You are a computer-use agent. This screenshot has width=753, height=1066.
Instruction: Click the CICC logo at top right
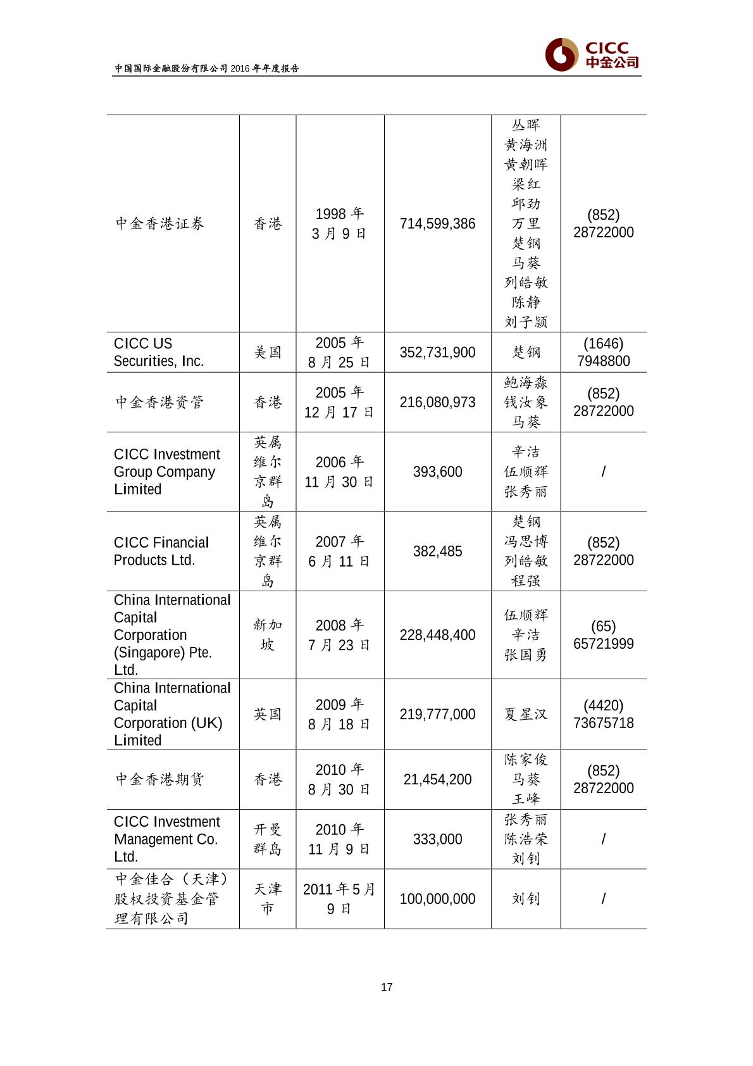pos(592,55)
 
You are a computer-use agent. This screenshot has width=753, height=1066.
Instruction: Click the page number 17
pos(387,987)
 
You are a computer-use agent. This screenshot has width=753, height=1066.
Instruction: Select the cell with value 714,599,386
pos(437,224)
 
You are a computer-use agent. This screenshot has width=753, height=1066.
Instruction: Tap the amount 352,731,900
pos(437,353)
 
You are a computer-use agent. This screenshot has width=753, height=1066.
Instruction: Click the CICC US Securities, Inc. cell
pos(159,353)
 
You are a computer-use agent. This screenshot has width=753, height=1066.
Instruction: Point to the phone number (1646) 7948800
pos(603,353)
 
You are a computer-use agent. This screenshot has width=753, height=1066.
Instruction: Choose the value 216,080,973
pos(437,403)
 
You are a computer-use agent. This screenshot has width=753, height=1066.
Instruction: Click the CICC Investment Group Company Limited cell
pos(166,472)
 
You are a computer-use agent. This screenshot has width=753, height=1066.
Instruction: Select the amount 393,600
pos(437,472)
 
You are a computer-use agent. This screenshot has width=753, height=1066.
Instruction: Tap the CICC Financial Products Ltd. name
pos(161,551)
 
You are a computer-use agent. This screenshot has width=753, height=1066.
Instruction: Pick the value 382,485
pos(437,551)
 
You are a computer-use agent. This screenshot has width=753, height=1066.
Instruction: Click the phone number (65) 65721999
pos(603,635)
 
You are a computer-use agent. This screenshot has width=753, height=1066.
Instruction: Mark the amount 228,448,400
pos(437,635)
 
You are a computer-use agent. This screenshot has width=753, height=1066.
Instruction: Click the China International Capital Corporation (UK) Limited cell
pos(172,714)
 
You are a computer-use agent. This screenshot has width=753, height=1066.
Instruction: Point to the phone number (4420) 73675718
pos(603,714)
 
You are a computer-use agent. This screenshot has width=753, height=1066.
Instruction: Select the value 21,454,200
pos(437,780)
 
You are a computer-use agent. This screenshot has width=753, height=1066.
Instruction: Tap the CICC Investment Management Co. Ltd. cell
pos(166,839)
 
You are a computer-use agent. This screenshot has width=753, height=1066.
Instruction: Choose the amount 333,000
pos(437,839)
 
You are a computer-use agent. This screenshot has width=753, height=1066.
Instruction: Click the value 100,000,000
pos(437,899)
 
